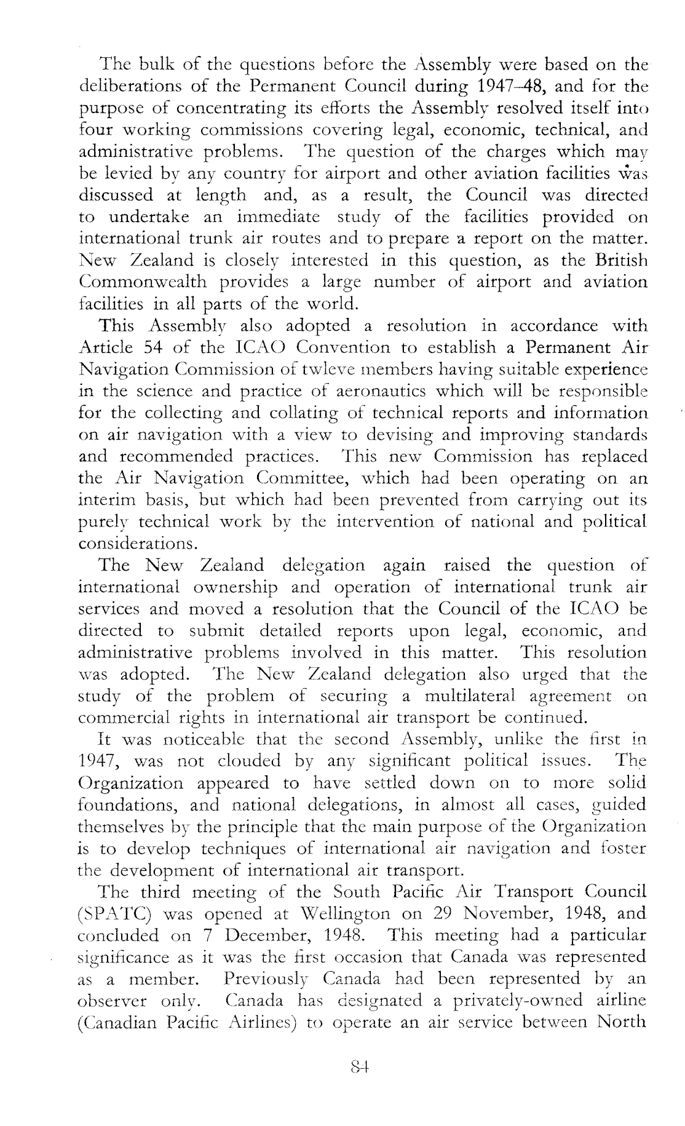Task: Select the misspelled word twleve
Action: click(x=374, y=370)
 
